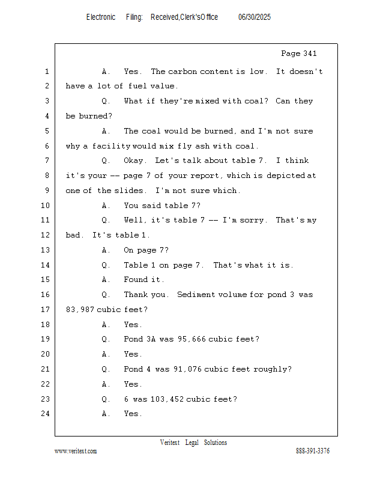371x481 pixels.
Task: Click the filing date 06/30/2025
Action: click(255, 17)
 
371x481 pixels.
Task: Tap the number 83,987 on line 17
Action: click(80, 310)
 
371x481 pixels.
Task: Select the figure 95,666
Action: click(192, 339)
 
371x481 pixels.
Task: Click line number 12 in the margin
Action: click(46, 235)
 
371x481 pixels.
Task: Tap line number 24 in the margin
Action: click(46, 414)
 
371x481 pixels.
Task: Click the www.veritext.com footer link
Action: click(76, 451)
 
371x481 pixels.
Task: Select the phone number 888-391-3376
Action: click(313, 450)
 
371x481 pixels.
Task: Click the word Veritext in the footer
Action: click(170, 443)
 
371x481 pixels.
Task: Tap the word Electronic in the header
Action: click(101, 17)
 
